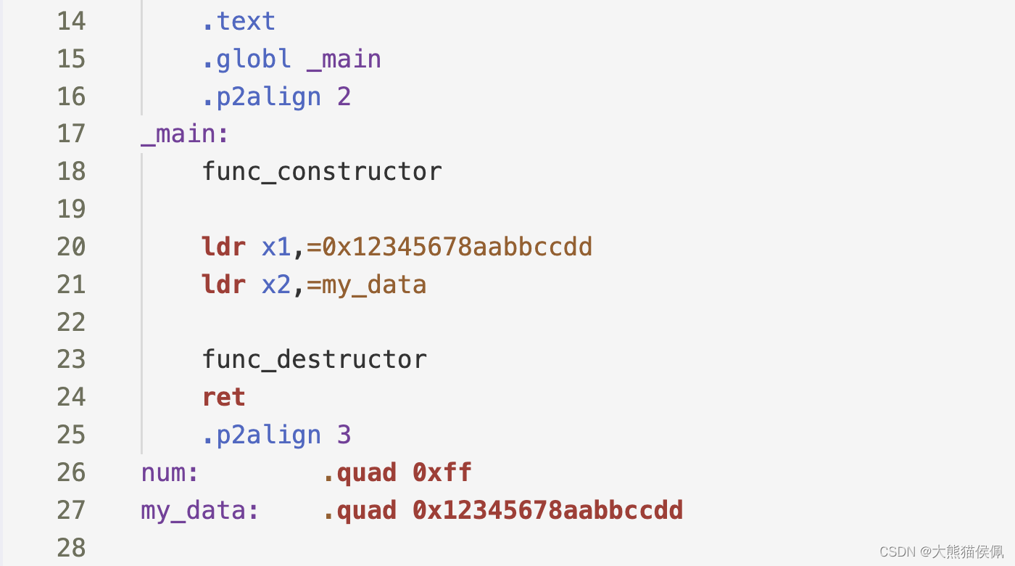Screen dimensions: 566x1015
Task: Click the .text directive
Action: [239, 21]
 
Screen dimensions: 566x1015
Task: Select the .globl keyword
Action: [246, 59]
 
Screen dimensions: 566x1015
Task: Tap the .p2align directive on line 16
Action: [261, 97]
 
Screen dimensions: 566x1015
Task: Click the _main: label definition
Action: [185, 134]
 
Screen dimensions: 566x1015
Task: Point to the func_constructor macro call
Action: [322, 172]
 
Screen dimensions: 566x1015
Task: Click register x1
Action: [276, 247]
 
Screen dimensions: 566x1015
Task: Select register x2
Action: [276, 285]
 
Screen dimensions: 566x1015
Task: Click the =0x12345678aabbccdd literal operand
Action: [449, 247]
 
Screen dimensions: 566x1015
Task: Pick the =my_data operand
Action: [366, 285]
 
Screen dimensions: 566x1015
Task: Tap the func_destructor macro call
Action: [315, 360]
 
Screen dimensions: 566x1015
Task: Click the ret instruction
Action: [224, 398]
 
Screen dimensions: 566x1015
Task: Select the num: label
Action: [170, 473]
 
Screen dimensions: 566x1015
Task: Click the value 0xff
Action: [442, 473]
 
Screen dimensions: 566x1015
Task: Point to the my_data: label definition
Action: [200, 511]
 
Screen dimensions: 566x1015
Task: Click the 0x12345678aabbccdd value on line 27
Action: [547, 511]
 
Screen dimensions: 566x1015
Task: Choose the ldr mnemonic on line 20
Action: [224, 247]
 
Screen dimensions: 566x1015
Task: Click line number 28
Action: [71, 548]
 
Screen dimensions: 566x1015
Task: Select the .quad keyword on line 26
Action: [360, 473]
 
